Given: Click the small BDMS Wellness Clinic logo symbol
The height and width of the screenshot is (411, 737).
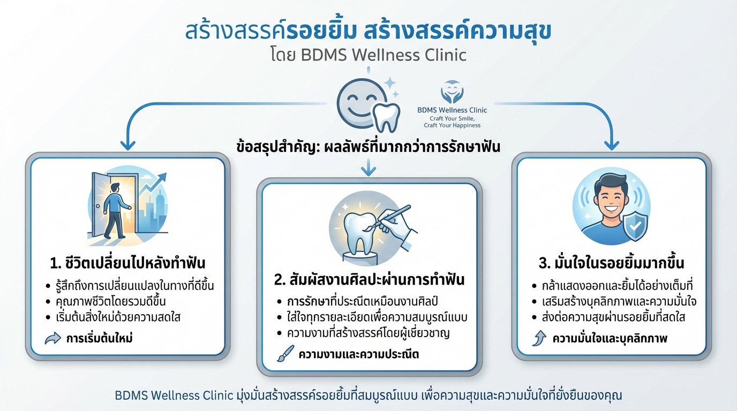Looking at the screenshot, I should [x=452, y=92].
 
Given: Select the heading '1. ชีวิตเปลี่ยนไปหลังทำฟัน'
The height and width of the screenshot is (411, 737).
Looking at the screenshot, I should [x=127, y=263].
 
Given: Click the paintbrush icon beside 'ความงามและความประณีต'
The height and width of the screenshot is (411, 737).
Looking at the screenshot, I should [x=285, y=354].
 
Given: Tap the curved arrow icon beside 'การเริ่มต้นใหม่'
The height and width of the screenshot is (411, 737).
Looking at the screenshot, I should [x=53, y=338].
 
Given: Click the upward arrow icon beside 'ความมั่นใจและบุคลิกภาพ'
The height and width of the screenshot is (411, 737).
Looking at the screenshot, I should [x=538, y=338].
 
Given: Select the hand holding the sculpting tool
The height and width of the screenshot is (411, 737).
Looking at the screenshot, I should [x=400, y=231].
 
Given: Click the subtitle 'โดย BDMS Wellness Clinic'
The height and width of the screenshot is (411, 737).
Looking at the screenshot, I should [x=368, y=55].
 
